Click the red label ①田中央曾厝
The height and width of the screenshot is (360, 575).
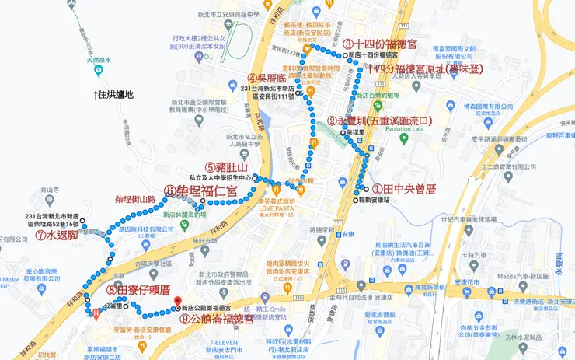(403, 189)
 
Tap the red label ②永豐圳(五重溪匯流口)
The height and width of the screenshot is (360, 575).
(379, 121)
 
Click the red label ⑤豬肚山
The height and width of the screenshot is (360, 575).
(226, 167)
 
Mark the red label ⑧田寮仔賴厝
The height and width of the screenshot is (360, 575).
(139, 290)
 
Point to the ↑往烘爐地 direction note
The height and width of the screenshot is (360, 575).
(113, 95)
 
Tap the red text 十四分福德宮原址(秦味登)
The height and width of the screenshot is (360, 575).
(424, 68)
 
